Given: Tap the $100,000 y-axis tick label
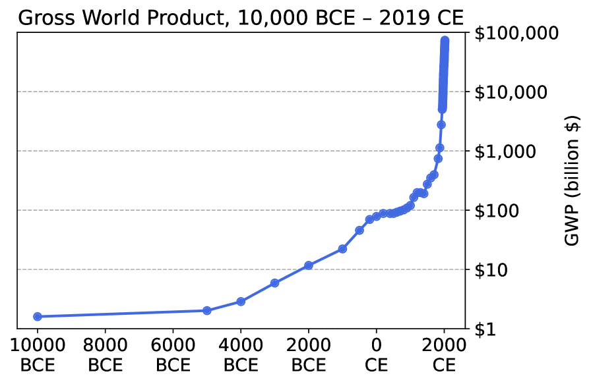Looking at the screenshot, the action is pos(511,33).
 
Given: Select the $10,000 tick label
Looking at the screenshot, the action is pos(511,92).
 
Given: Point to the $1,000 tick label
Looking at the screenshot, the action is pos(505,151).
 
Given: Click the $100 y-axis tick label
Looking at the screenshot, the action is pos(497,211).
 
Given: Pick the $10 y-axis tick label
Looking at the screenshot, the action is pos(491,270).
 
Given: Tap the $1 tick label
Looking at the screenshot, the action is pos(485,329).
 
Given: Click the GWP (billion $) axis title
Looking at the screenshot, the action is pos(572,180).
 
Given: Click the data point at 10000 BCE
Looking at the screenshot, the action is pos(38,317).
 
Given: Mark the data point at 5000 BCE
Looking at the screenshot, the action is pos(207,311).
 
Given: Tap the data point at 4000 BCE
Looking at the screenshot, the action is pos(241,302).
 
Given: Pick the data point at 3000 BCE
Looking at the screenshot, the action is pos(275,283).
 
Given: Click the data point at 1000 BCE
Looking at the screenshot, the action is pos(342,249).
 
